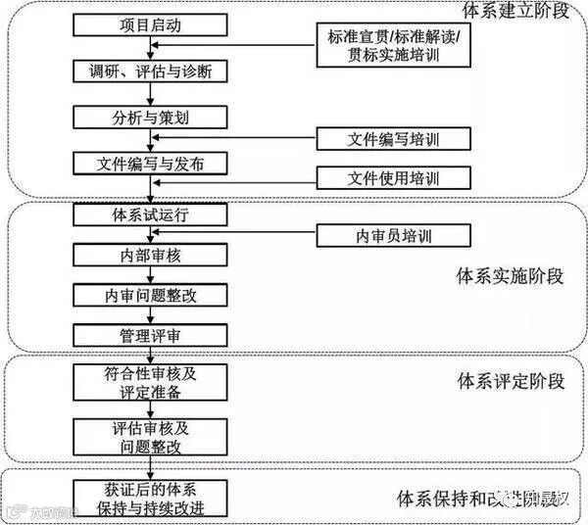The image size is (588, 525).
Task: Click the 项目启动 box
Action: [x=150, y=25]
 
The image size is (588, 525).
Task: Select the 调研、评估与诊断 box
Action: [x=150, y=71]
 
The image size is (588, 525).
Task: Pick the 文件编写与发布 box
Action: [x=150, y=163]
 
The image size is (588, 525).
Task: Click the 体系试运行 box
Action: [x=150, y=215]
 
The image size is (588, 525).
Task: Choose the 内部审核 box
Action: [x=150, y=255]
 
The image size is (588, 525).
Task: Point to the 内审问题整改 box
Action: [x=150, y=295]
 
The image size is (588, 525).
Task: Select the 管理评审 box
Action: [x=150, y=336]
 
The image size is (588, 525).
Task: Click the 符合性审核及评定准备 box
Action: [x=150, y=382]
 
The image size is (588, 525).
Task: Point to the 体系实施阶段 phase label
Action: [x=511, y=275]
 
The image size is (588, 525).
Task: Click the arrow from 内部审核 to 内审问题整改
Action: [x=150, y=275]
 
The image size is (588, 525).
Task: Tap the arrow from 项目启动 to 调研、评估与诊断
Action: [x=150, y=48]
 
